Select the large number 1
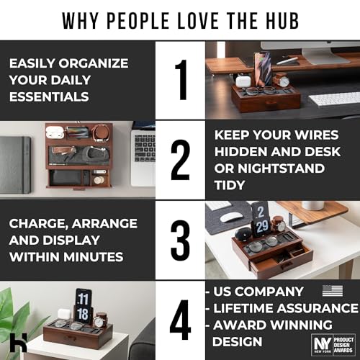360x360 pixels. pos(180,80)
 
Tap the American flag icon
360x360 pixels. pos(332,291)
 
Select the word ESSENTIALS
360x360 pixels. pos(50,96)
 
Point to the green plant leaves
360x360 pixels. pos(16,310)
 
